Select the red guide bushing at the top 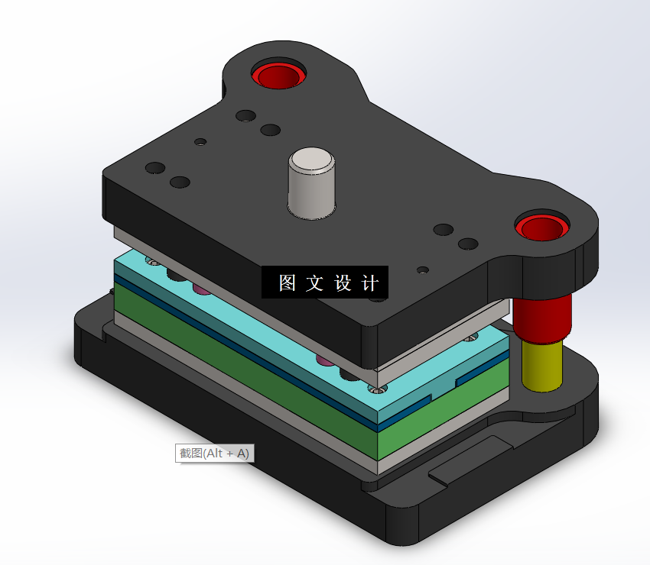click(278, 76)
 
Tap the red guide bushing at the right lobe click(541, 227)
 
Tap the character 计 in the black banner click(369, 283)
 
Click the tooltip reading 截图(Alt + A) click(214, 453)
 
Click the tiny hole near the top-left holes click(200, 141)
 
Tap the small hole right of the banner click(422, 270)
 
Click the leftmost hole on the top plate click(155, 167)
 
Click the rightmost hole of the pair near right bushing click(468, 244)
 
